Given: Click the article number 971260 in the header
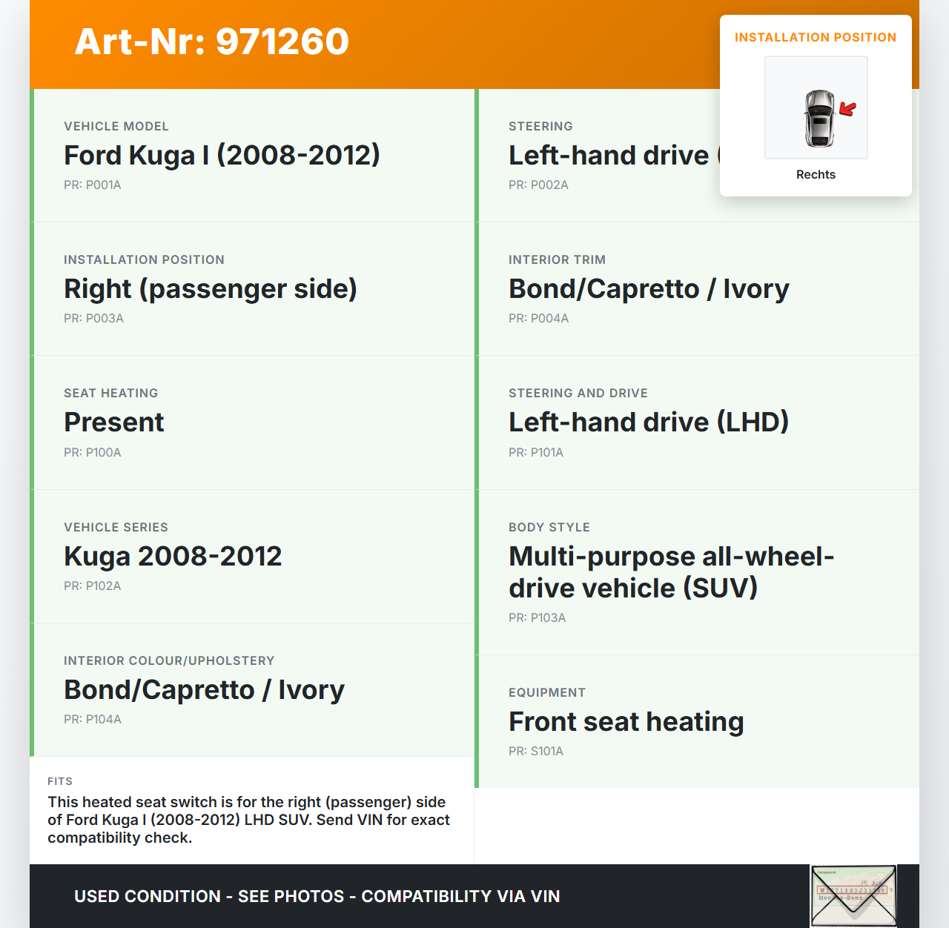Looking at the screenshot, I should click(282, 42).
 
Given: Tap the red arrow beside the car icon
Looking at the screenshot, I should click(847, 109).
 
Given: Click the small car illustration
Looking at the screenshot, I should click(819, 118).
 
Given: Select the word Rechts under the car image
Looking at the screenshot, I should click(816, 175).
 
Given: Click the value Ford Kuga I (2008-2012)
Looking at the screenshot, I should click(222, 156).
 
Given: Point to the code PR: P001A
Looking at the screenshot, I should click(93, 185).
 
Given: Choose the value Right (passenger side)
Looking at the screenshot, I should click(211, 289).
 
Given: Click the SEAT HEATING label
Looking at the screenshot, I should click(111, 394).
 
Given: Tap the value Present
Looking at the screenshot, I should click(114, 422).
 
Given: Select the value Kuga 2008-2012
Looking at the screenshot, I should click(173, 557).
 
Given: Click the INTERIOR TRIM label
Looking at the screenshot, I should click(557, 260).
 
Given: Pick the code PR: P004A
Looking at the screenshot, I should click(538, 319).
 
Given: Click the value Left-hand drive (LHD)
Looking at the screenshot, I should click(649, 422).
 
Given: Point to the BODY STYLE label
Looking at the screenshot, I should click(549, 528).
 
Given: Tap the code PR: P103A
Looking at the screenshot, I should click(537, 618).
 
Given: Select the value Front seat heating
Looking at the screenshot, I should click(626, 722).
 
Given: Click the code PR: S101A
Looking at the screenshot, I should click(536, 752).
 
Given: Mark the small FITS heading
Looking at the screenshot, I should click(60, 781).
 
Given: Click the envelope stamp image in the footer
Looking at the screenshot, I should click(853, 895).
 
